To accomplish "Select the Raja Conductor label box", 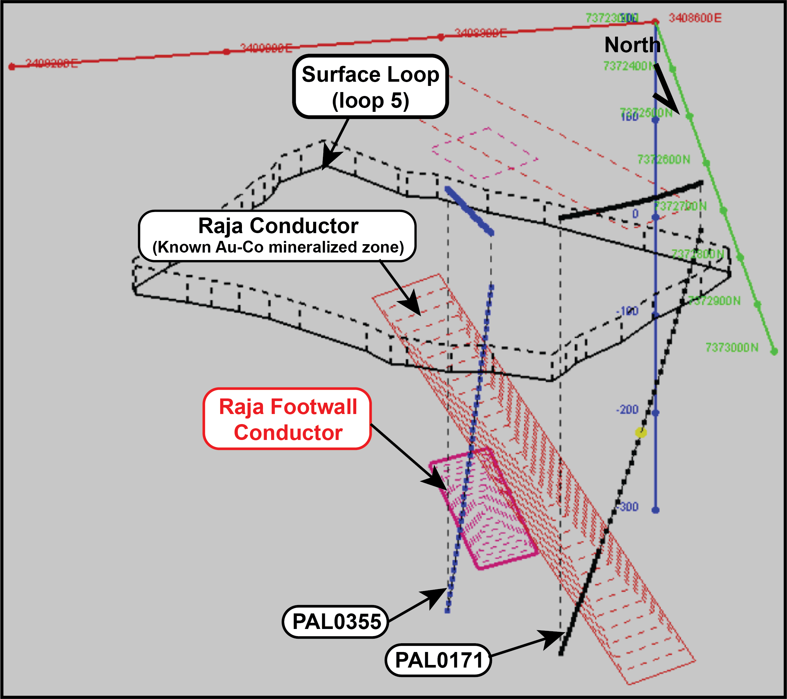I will [x=278, y=236].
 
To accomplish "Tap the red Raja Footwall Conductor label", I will [x=287, y=419].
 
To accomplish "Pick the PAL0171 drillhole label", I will [x=438, y=660].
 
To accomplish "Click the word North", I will [x=632, y=45].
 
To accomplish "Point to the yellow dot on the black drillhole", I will [x=641, y=432].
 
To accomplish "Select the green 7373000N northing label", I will [x=732, y=348].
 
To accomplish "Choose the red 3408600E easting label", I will [x=695, y=18].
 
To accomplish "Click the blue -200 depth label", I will [x=627, y=409].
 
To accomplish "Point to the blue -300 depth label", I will [x=629, y=507].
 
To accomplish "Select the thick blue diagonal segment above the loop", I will [x=469, y=211].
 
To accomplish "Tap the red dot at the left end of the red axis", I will [x=12, y=67].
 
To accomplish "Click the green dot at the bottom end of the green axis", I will [x=774, y=351].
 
